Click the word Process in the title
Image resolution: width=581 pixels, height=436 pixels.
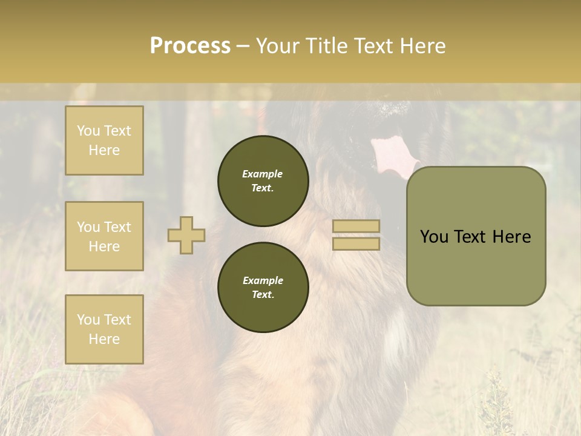pos(190,46)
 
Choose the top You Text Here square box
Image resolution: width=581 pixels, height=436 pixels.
pos(104,140)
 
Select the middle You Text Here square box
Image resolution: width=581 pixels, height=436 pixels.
pos(104,236)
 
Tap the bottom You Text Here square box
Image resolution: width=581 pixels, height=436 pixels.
pos(104,329)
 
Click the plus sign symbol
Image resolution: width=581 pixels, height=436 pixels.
pos(186,236)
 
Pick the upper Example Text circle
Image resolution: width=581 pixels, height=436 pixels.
pos(263,181)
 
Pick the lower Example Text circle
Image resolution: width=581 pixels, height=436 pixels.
pos(263,288)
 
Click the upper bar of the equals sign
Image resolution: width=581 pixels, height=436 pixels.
pos(356,226)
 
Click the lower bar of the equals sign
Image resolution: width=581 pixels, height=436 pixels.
pos(356,244)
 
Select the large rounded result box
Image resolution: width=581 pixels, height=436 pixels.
pos(476,236)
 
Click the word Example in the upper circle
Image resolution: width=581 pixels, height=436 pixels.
pos(263,174)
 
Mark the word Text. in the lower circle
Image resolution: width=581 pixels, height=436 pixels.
pos(263,295)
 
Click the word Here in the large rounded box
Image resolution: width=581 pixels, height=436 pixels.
pos(511,237)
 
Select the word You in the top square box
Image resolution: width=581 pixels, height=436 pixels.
pos(88,131)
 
